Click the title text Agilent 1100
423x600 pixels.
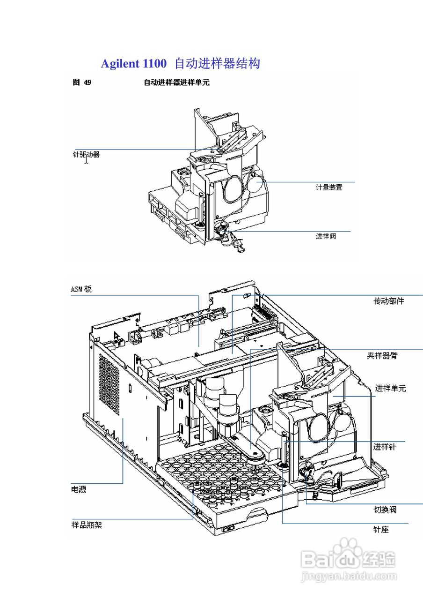133,63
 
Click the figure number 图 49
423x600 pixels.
82,82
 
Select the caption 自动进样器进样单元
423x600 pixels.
176,82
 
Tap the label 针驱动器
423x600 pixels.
86,154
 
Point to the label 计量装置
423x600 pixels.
329,187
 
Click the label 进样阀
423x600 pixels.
326,236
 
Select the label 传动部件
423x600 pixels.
388,301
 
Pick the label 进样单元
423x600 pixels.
390,388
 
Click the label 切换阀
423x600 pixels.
385,510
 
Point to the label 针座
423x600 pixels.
380,530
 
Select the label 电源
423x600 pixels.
79,489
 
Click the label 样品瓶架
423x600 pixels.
87,525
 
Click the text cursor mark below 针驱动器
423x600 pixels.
86,161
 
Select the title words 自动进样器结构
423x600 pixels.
217,63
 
